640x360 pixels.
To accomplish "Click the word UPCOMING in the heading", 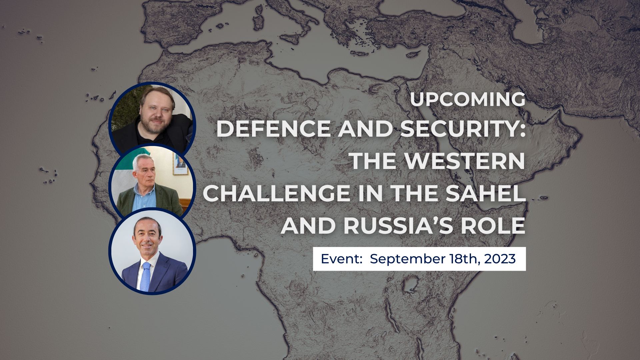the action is (468, 99).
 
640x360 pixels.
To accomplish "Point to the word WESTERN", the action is (465, 161).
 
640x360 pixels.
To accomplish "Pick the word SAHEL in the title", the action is (483, 193).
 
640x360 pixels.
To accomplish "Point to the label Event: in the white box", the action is (341, 259).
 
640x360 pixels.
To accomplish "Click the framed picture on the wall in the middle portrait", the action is (180, 163).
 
